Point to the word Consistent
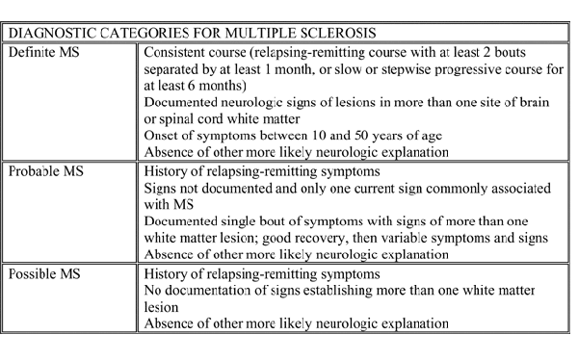(x=173, y=49)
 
